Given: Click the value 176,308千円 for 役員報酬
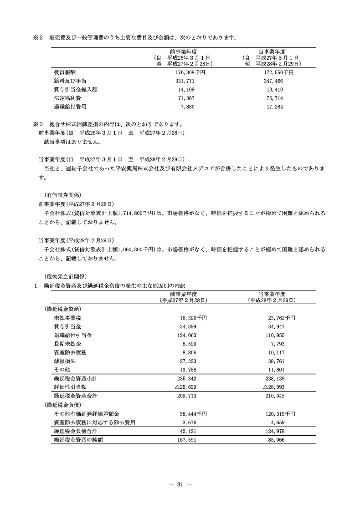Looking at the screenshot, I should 190,72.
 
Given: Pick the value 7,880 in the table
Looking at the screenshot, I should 192,107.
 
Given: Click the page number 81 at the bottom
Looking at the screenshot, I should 180,484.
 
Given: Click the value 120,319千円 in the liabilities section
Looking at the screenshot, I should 279,414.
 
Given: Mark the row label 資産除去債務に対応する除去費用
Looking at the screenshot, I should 94,422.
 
